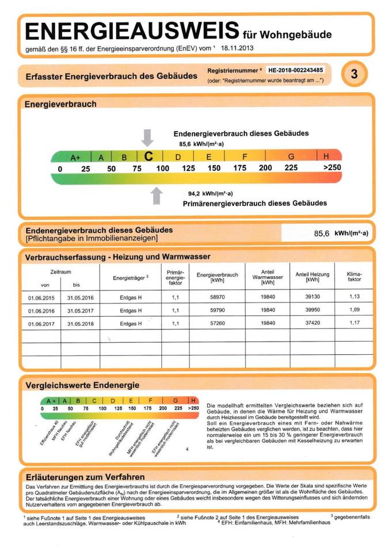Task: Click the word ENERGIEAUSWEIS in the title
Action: pyautogui.click(x=132, y=30)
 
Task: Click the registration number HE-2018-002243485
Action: pyautogui.click(x=295, y=70)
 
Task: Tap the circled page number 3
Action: pyautogui.click(x=354, y=74)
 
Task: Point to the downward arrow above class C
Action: pyautogui.click(x=148, y=138)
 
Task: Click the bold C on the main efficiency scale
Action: pyautogui.click(x=149, y=156)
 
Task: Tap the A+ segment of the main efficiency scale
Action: pyautogui.click(x=75, y=157)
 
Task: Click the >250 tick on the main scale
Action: pyautogui.click(x=332, y=168)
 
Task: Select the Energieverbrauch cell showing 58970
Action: pyautogui.click(x=218, y=297)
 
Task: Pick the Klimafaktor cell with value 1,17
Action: pyautogui.click(x=354, y=323)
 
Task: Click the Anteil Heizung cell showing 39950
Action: pyautogui.click(x=312, y=310)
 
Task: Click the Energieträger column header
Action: pyautogui.click(x=131, y=278)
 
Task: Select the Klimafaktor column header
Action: pyautogui.click(x=354, y=277)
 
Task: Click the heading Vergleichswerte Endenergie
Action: pyautogui.click(x=82, y=385)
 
